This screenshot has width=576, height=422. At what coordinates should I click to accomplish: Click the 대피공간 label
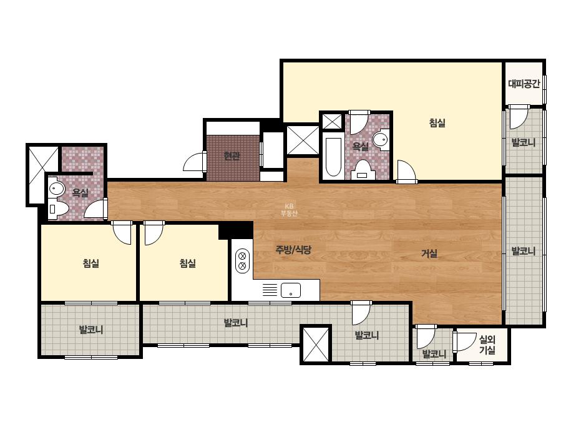click(524, 84)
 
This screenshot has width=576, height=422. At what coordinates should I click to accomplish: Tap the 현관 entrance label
click(232, 156)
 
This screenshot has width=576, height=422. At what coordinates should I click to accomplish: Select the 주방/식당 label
click(293, 250)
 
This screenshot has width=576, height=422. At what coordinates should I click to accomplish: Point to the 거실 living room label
click(429, 253)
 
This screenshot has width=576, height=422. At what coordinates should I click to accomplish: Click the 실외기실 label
click(487, 345)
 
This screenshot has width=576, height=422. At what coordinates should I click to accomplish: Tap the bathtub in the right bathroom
click(333, 157)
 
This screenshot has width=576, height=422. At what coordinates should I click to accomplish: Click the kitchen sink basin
click(291, 290)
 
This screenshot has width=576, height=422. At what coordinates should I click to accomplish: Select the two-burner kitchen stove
click(242, 260)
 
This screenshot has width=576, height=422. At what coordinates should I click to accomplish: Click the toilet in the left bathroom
click(59, 209)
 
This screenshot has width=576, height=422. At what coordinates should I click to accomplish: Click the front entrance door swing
click(194, 162)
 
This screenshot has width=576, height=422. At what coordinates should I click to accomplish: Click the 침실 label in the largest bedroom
click(437, 122)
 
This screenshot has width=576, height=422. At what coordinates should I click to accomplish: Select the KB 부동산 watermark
click(289, 210)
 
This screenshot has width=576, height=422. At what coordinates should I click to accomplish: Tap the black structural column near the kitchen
click(236, 230)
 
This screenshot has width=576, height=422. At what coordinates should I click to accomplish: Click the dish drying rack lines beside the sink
click(270, 290)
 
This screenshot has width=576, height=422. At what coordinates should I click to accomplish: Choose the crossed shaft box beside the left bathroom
click(43, 175)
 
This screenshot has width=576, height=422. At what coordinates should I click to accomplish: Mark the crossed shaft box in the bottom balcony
click(316, 345)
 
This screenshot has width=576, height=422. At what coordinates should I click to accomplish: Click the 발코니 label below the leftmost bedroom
click(91, 330)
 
